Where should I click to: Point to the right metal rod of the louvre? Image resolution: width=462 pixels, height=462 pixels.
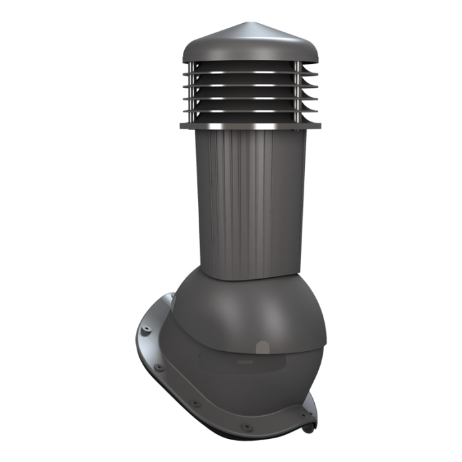[x=298, y=92]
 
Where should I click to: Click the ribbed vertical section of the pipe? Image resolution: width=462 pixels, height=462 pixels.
[x=244, y=198]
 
